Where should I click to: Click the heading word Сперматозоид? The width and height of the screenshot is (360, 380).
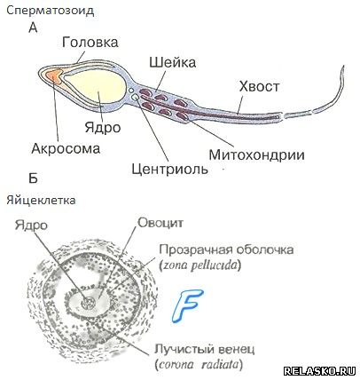pyautogui.click(x=51, y=11)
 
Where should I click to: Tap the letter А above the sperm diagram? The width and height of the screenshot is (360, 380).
pyautogui.click(x=33, y=28)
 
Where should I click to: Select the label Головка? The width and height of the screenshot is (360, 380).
pyautogui.click(x=90, y=42)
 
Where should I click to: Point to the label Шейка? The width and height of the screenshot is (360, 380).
pyautogui.click(x=173, y=62)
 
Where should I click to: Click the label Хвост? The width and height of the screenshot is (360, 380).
pyautogui.click(x=259, y=86)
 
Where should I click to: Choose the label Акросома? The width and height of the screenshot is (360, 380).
pyautogui.click(x=66, y=148)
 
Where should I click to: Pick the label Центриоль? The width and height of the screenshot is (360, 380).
pyautogui.click(x=170, y=169)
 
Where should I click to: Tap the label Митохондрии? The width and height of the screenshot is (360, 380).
pyautogui.click(x=256, y=154)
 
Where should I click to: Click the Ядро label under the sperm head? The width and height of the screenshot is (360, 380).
pyautogui.click(x=103, y=128)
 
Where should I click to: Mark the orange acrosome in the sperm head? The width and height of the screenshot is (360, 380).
pyautogui.click(x=54, y=75)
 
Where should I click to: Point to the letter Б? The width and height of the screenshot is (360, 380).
pyautogui.click(x=33, y=178)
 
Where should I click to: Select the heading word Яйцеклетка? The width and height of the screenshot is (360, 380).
pyautogui.click(x=41, y=201)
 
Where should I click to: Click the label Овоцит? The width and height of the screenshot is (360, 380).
pyautogui.click(x=160, y=223)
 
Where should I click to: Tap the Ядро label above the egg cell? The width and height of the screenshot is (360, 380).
pyautogui.click(x=31, y=226)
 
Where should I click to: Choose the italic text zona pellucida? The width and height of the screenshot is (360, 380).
pyautogui.click(x=200, y=265)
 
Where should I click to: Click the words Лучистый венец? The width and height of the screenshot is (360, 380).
pyautogui.click(x=205, y=350)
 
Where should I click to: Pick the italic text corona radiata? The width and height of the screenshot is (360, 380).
pyautogui.click(x=199, y=364)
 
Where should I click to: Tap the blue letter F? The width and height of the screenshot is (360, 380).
pyautogui.click(x=187, y=305)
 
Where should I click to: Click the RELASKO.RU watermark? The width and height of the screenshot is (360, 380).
pyautogui.click(x=319, y=370)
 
